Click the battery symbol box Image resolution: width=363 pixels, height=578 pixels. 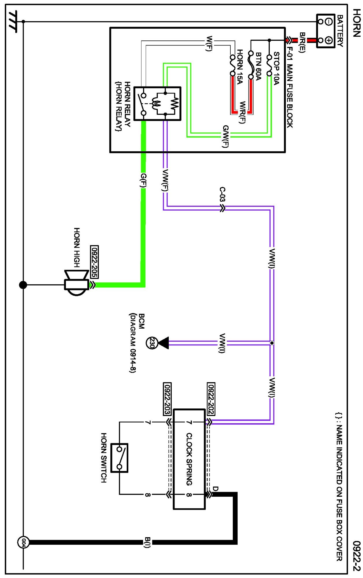point(325,31)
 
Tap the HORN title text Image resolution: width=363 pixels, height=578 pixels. point(357,23)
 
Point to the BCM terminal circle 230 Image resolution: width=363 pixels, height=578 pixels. point(151,343)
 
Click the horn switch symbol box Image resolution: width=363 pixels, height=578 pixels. point(119,458)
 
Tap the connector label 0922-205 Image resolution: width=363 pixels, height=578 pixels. point(94,262)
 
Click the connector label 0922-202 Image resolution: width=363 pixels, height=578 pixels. point(211,399)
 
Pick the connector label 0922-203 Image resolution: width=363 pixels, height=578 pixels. point(167,399)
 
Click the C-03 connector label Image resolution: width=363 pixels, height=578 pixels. point(222,194)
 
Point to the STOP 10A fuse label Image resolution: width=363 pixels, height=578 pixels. point(276,68)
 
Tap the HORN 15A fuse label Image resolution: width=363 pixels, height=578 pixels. point(240,67)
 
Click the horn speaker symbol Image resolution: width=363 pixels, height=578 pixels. point(77,284)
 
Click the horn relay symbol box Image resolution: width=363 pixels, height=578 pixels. point(158,103)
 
